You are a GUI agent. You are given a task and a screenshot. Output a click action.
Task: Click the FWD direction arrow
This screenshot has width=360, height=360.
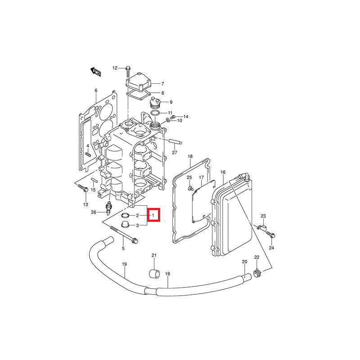[95, 72]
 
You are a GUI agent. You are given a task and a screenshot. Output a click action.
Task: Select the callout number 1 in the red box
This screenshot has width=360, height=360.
[153, 216]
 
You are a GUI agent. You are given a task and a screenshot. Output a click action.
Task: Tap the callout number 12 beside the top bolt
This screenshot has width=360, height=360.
[115, 68]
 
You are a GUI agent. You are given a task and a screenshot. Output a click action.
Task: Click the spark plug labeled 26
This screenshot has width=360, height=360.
[108, 208]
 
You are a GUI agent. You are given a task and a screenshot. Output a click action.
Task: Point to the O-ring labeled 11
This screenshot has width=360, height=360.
[155, 113]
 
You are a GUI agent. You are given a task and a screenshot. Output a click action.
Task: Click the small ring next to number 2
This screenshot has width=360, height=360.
[126, 216]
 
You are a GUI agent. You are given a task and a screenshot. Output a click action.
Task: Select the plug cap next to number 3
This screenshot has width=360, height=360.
[125, 225]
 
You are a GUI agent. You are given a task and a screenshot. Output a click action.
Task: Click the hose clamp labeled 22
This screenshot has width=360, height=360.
[257, 273]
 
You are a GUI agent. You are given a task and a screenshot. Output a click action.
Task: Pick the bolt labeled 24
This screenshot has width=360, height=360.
[271, 234]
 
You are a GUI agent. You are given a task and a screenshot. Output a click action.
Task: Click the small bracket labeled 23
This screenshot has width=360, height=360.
[261, 227]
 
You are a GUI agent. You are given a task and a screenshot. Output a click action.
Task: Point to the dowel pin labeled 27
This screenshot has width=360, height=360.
[175, 141]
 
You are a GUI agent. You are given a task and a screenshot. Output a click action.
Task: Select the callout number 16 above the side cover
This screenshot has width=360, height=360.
[223, 172]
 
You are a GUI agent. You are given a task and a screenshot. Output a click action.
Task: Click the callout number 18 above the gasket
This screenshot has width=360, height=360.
[190, 156]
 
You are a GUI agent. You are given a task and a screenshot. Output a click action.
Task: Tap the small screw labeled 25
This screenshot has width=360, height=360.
[190, 188]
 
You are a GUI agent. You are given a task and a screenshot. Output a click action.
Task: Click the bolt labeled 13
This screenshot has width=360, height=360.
[83, 188]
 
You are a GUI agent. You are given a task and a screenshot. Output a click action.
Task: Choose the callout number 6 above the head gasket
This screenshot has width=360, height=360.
[96, 90]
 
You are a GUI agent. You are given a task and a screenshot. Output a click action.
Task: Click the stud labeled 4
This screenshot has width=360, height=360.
[88, 154]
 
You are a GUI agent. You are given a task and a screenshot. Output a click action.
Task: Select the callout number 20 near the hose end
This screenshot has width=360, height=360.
[244, 261]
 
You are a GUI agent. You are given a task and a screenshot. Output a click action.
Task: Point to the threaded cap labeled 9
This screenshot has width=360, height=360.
[155, 103]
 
